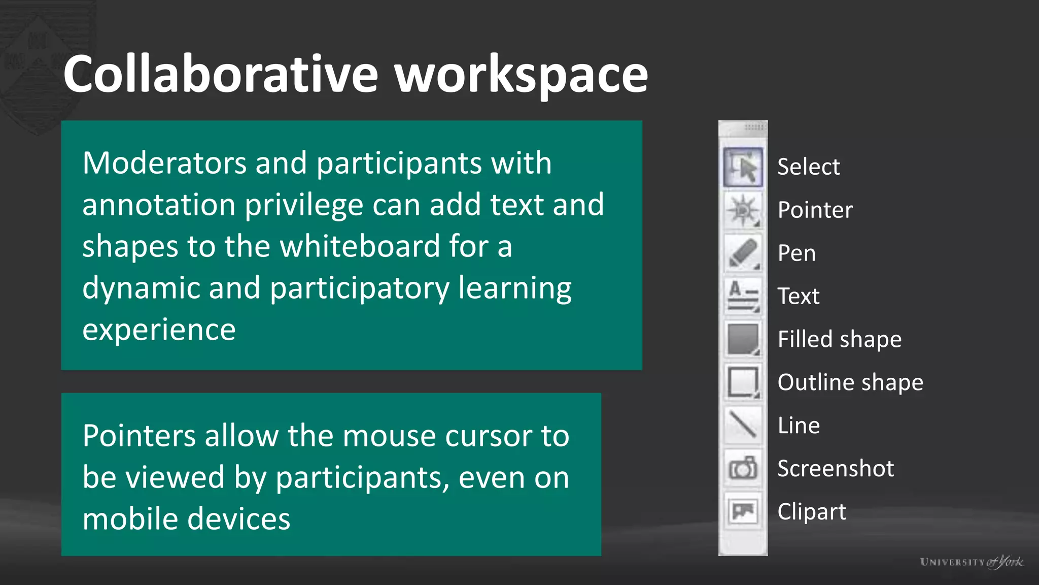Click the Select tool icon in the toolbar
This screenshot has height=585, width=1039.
(x=743, y=167)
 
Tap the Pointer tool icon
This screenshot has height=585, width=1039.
(x=743, y=210)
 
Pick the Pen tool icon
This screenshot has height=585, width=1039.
(x=743, y=253)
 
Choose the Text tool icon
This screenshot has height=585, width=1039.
(x=743, y=296)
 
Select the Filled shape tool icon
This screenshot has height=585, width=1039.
(x=743, y=339)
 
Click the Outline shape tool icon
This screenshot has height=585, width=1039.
(x=743, y=382)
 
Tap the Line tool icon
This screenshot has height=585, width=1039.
(x=743, y=425)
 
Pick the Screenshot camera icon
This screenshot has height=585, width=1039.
(x=743, y=468)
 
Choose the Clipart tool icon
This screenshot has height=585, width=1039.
(x=743, y=511)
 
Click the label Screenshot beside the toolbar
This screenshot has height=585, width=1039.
(x=835, y=468)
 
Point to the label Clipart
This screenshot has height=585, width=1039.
(x=811, y=511)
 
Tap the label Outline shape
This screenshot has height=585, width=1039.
(x=850, y=382)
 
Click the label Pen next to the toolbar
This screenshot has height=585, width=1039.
(x=796, y=253)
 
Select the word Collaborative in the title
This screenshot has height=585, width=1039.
(x=221, y=74)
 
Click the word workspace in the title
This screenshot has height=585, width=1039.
(x=521, y=75)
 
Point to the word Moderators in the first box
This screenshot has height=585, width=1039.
(x=164, y=163)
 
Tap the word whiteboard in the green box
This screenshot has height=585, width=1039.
(x=360, y=246)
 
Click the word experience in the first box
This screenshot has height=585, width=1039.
(x=159, y=330)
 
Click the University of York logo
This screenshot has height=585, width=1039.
(x=971, y=562)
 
